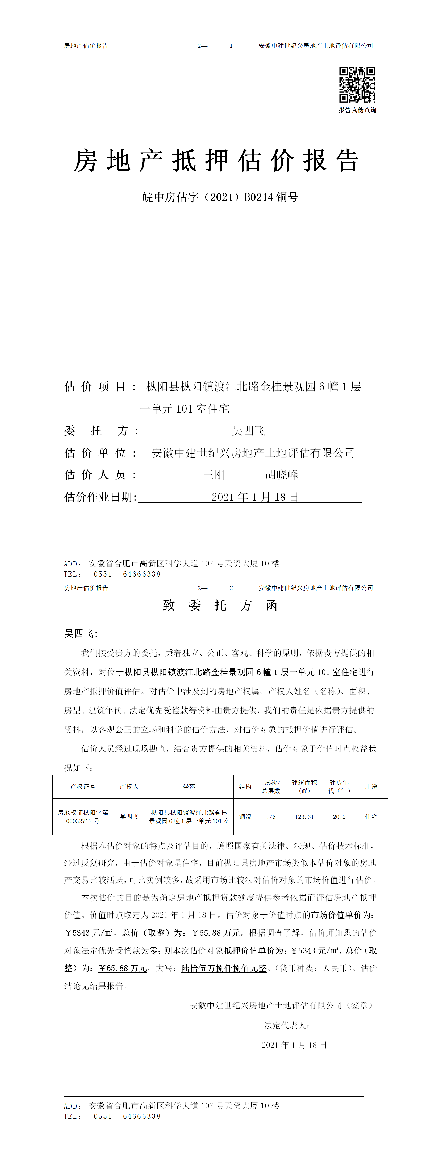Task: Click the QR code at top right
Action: pos(357,85)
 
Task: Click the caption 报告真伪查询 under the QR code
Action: pos(357,110)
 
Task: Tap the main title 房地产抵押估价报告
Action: pos(216,161)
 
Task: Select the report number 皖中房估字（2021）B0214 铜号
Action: pos(220,197)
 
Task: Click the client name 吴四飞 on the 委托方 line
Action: pos(248,431)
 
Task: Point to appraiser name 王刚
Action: pos(214,475)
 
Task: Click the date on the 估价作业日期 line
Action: pos(255,497)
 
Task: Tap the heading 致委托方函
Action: pos(220,605)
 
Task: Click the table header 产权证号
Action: pos(83,786)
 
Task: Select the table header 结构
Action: pos(245,786)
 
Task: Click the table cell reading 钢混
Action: pos(245,817)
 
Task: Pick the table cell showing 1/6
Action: pos(271,817)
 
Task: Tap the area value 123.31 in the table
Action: pos(304,817)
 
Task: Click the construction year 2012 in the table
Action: pos(339,817)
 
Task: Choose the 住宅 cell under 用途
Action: pos(371,817)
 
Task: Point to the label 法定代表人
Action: pos(287,1025)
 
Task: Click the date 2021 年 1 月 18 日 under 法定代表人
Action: pos(294,1045)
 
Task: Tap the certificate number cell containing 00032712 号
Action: pos(83,821)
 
